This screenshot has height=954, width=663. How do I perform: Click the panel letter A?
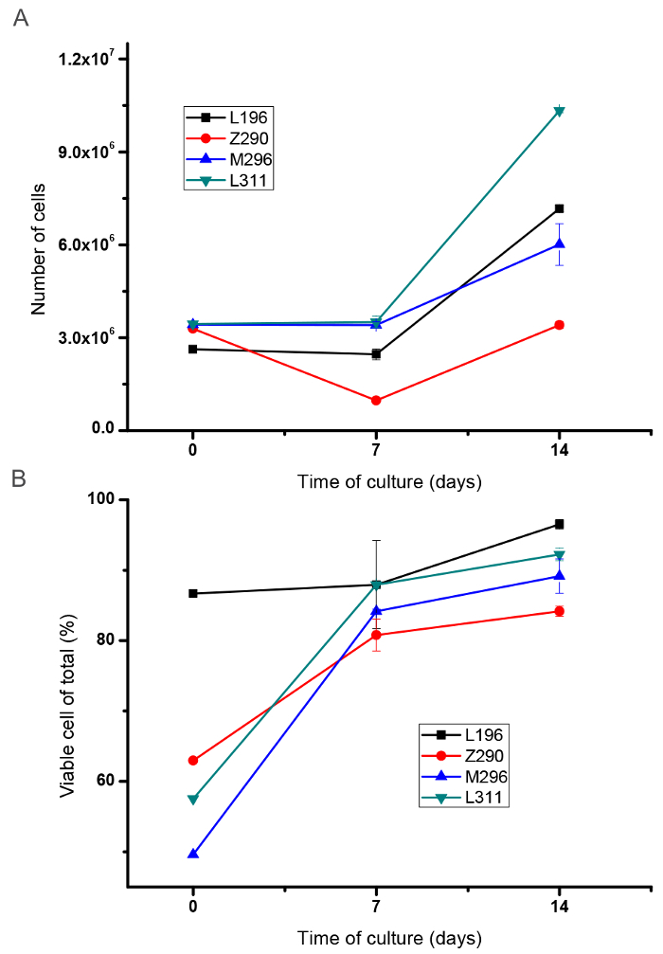point(20,19)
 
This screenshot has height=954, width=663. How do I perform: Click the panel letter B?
point(19,479)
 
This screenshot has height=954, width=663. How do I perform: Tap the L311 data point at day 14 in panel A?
point(560,111)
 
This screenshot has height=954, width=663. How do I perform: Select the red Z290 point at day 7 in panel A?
point(376,401)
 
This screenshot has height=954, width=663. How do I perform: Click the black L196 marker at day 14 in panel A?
point(560,208)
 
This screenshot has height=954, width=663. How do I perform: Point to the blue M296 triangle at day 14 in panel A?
point(560,244)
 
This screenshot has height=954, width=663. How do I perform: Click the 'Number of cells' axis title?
point(40,244)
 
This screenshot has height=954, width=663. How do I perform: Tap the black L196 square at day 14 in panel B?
point(560,524)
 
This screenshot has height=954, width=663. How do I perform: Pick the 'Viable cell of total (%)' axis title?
point(67,707)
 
